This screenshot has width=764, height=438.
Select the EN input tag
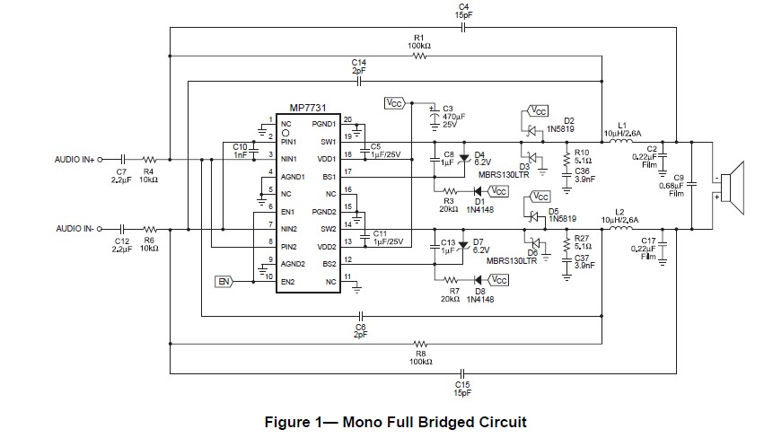click(224, 282)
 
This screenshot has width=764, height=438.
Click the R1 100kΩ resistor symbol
click(419, 55)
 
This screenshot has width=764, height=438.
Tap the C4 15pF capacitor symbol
click(461, 27)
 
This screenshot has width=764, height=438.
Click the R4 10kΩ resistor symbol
click(149, 160)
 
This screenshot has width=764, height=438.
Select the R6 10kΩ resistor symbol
click(149, 230)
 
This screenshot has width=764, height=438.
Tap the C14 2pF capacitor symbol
click(359, 82)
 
